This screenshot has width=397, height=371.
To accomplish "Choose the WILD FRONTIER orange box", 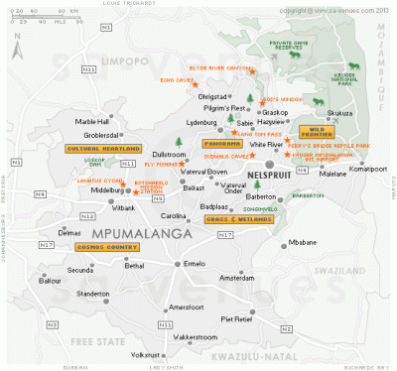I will click(318, 130).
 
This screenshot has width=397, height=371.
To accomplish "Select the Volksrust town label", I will click(149, 355).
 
